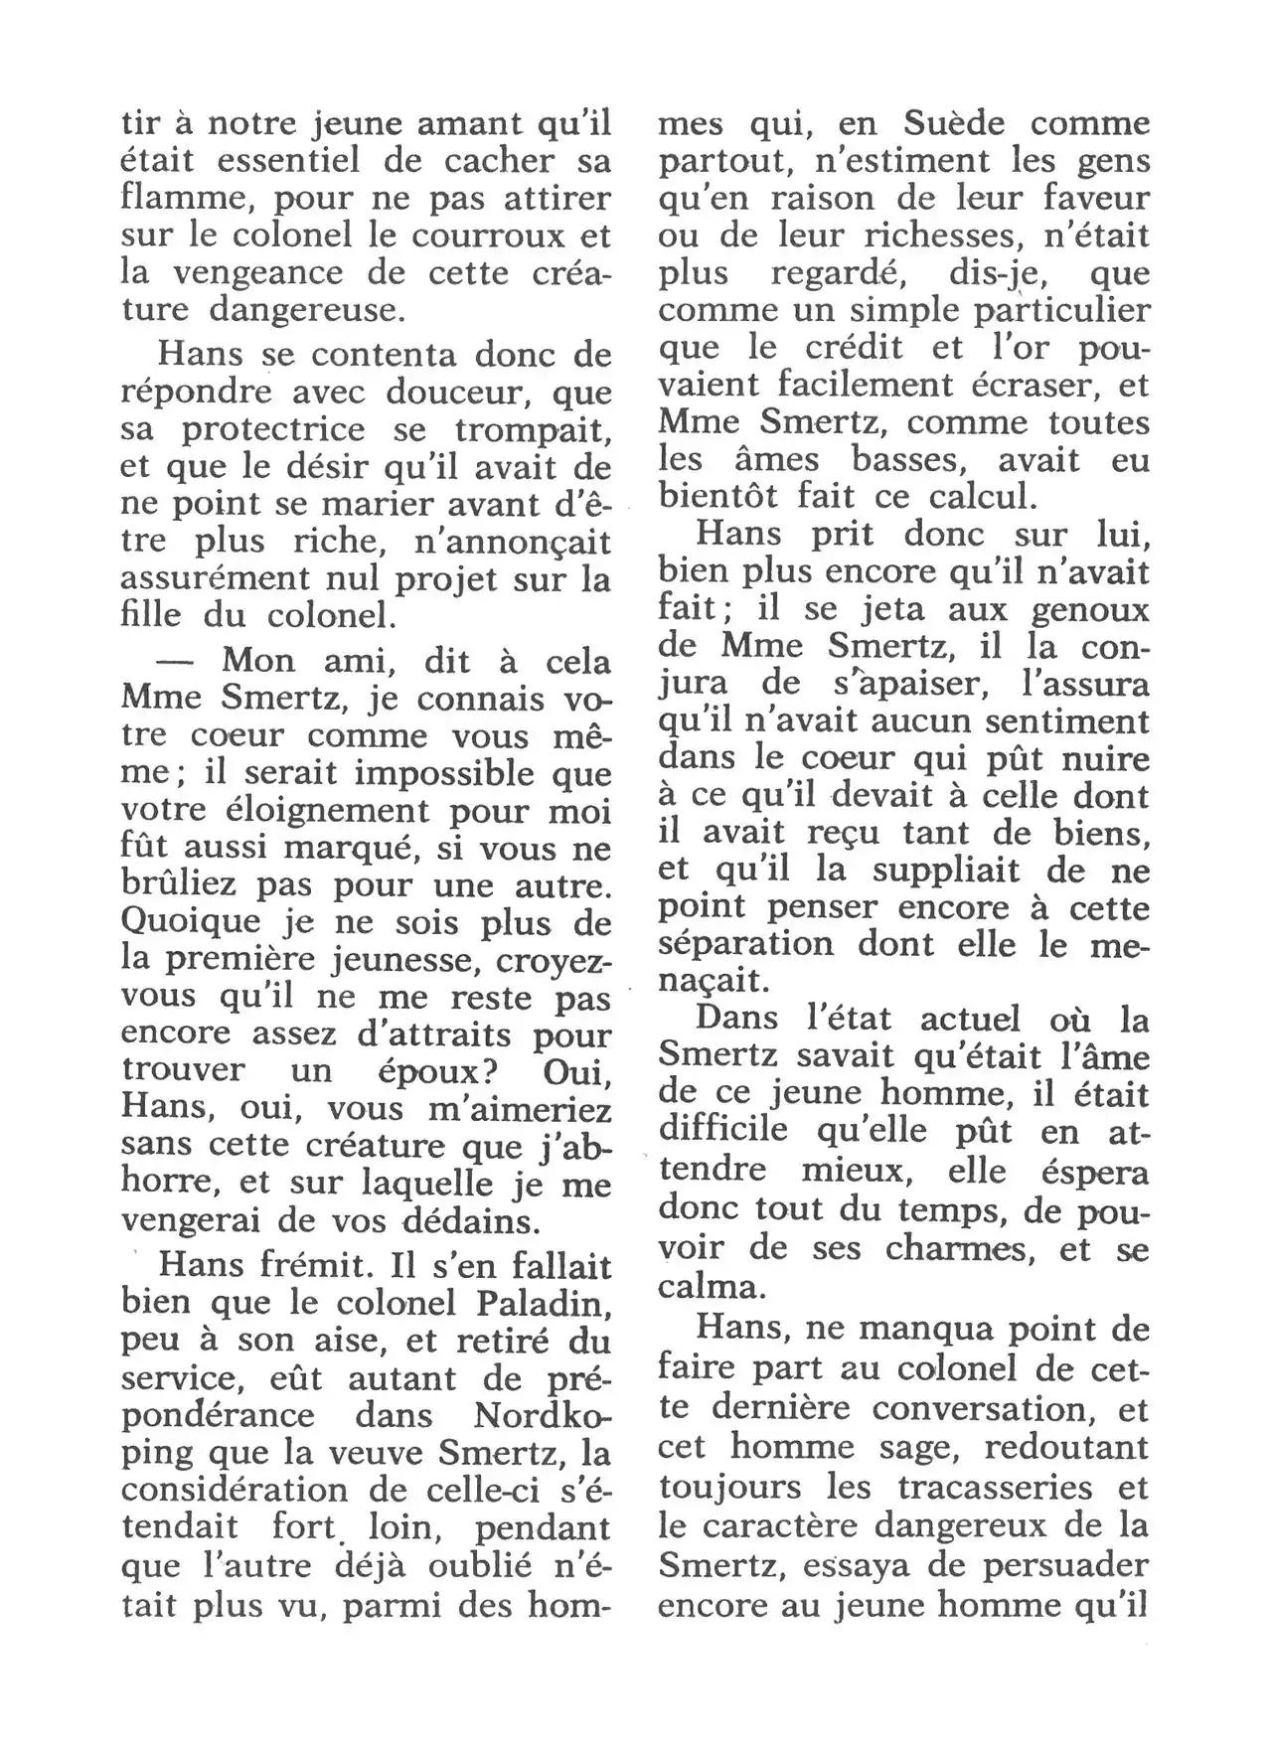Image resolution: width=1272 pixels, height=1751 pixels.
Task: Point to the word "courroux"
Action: point(483,237)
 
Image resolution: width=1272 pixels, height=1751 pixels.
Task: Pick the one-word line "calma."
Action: point(711,1287)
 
